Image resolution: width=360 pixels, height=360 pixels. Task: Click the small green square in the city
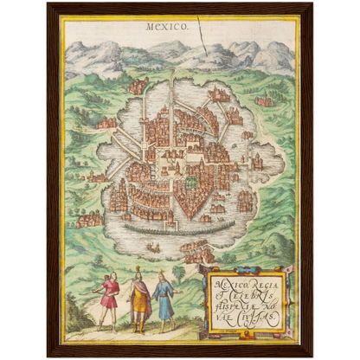pyautogui.click(x=190, y=183)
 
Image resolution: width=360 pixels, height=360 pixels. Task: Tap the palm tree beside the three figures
pyautogui.click(x=179, y=275)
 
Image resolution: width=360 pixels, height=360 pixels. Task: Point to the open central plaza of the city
pyautogui.click(x=177, y=160)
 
